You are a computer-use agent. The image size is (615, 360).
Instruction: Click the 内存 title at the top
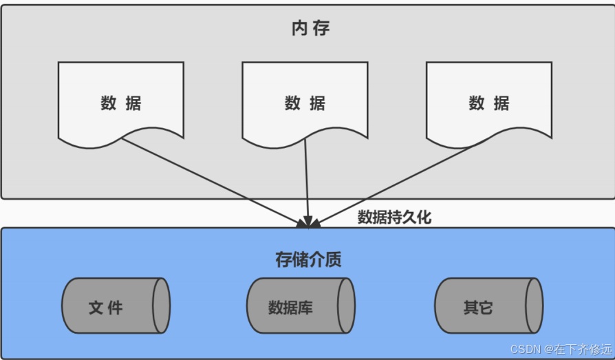[310, 29]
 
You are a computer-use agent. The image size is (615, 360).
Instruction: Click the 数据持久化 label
[394, 218]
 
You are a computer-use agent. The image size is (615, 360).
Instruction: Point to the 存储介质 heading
[308, 260]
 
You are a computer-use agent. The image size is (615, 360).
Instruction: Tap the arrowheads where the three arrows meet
[308, 222]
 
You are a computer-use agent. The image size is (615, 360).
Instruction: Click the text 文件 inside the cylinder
[106, 307]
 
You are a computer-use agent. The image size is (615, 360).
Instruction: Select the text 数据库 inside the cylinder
[290, 307]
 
